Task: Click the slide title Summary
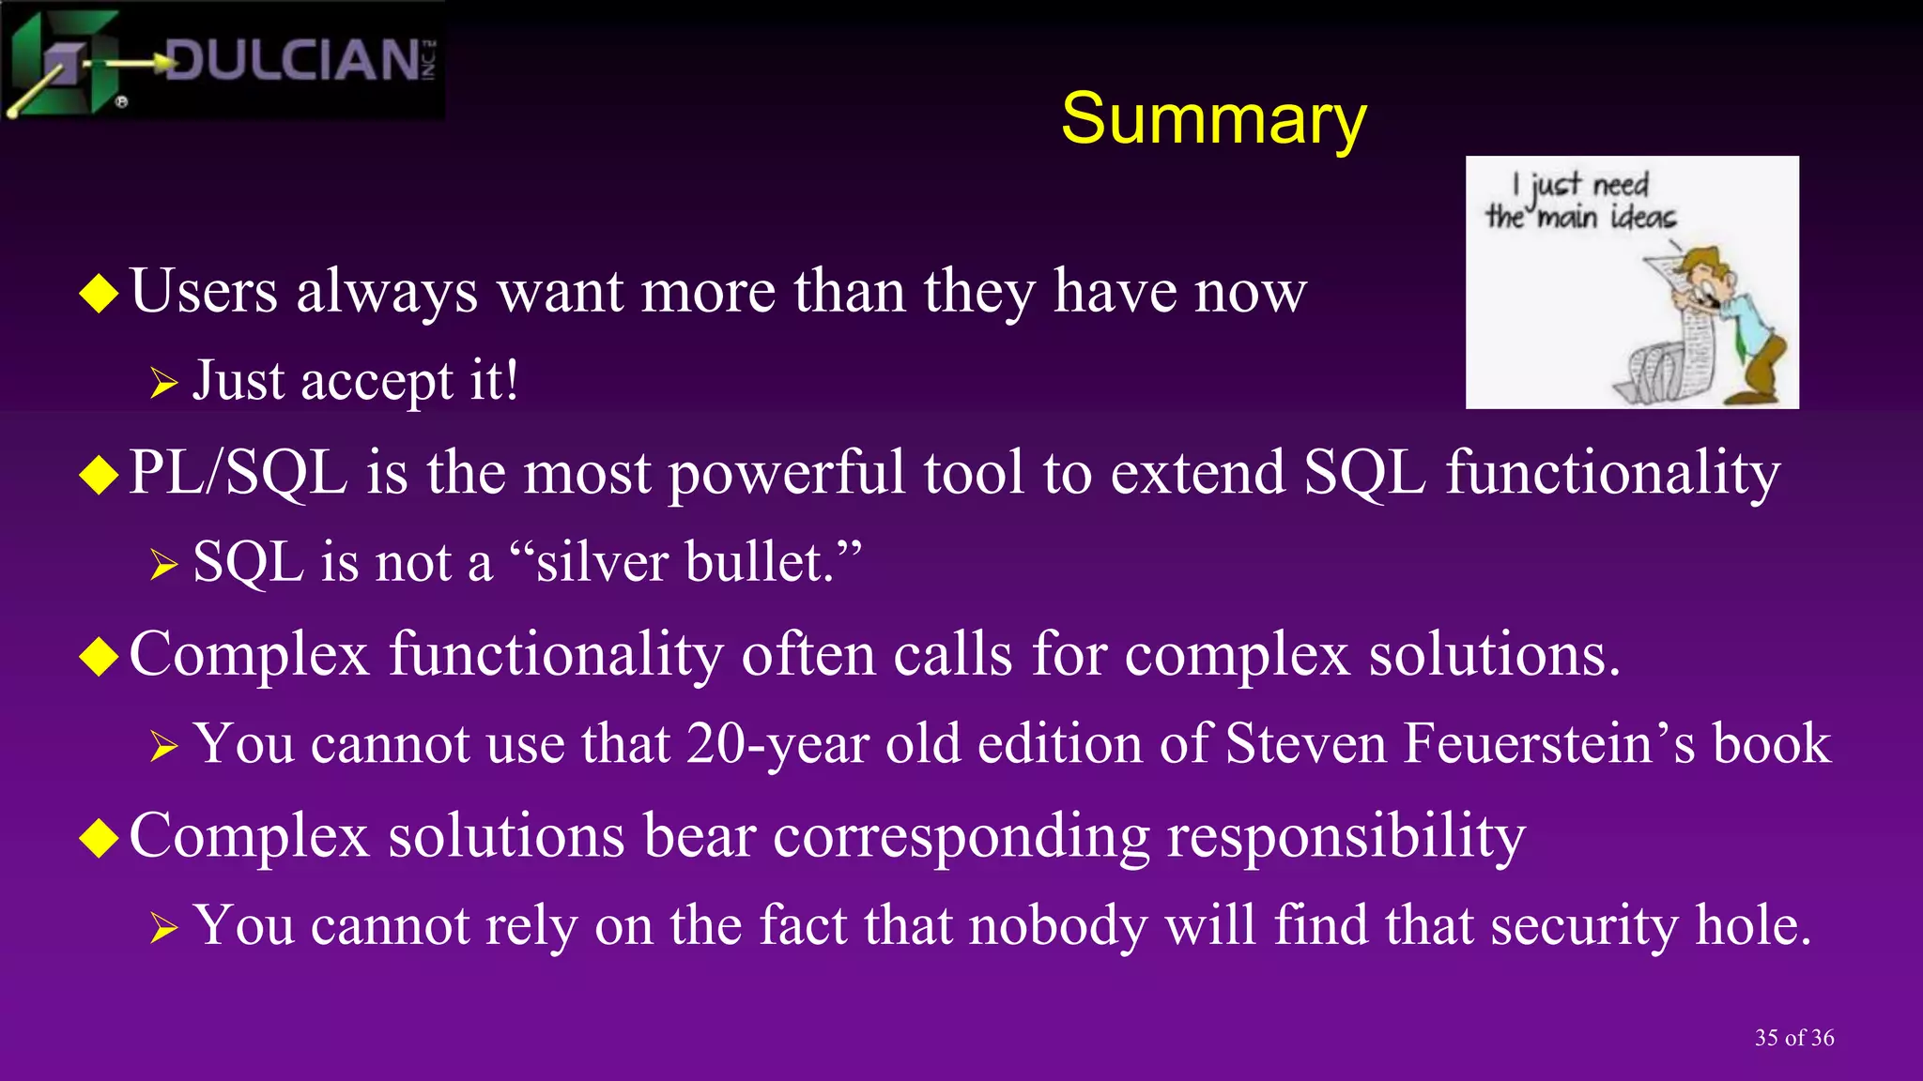pos(1213,119)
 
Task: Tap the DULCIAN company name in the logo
pos(291,61)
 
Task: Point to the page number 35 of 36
pos(1793,1037)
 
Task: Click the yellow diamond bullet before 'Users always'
pos(99,293)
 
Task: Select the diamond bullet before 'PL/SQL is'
pos(99,474)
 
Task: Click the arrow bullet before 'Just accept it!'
pos(163,383)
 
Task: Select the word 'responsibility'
pos(1346,836)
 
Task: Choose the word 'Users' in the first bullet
pos(204,291)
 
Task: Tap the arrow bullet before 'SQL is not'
pos(163,564)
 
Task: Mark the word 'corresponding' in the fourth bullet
pos(961,836)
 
